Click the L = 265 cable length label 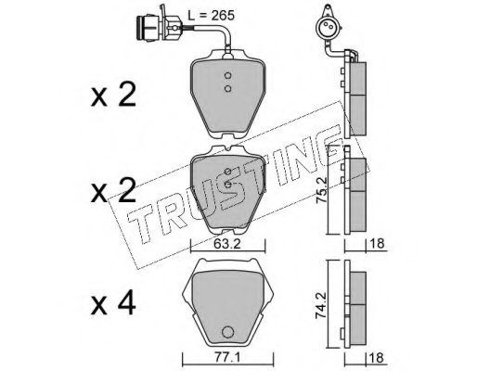pos(212,15)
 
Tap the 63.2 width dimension pos(227,244)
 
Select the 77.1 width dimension pos(226,358)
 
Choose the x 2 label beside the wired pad pos(113,95)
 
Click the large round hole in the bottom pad pos(228,332)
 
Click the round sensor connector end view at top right pos(328,28)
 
